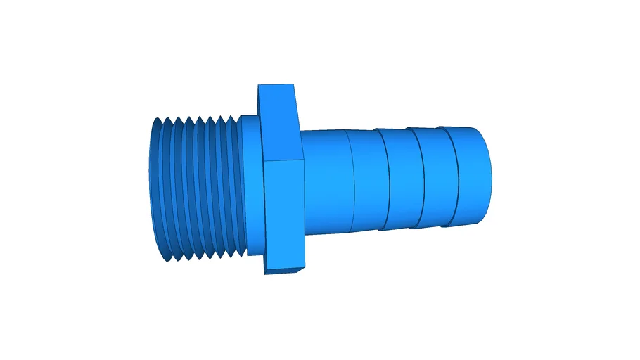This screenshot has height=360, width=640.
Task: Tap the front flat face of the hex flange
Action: [285, 214]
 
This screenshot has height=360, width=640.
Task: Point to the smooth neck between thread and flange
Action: [250, 186]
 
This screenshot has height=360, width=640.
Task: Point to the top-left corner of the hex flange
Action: [259, 86]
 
